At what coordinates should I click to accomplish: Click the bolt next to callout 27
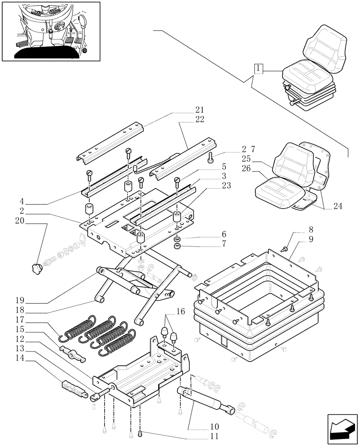pyautogui.click(x=211, y=157)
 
